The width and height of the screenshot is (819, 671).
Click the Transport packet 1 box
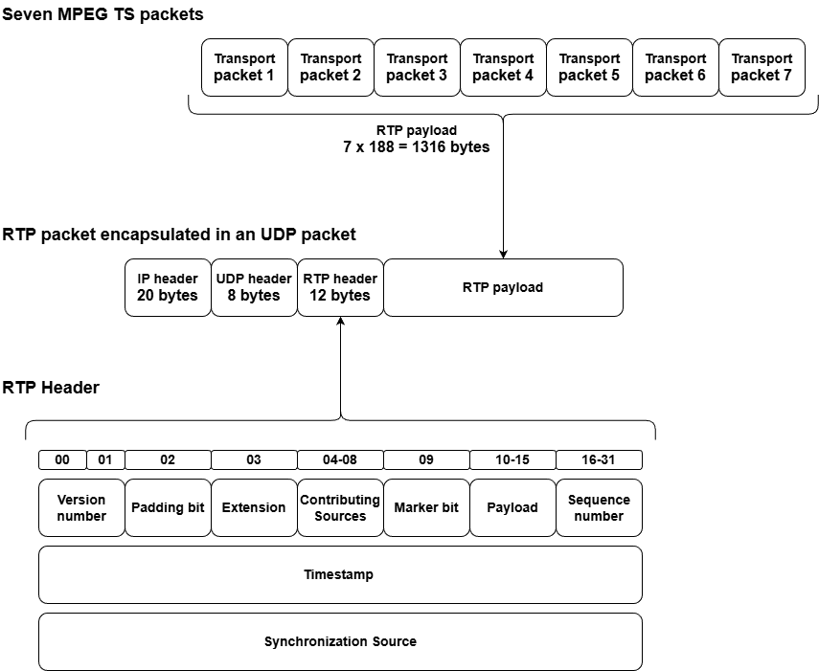(x=244, y=67)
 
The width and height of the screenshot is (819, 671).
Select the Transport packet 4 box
(x=503, y=67)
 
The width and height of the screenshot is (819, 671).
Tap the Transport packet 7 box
(x=762, y=67)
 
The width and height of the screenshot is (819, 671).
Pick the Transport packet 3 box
(x=417, y=67)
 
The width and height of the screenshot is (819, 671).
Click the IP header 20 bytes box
(x=168, y=287)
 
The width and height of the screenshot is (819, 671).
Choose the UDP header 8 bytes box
(x=254, y=287)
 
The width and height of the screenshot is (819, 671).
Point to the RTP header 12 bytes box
(x=340, y=287)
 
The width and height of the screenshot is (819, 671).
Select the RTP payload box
(x=503, y=287)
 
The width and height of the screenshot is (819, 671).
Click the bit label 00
(x=62, y=459)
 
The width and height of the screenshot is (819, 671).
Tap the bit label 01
(x=105, y=459)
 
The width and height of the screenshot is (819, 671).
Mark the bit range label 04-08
(x=340, y=459)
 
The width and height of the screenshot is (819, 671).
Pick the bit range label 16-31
(x=599, y=459)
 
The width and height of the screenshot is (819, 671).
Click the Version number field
(x=81, y=507)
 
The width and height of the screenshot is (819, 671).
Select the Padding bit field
(x=168, y=507)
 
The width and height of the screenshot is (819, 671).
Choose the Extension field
(x=254, y=507)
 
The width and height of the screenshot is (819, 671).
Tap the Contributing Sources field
(x=340, y=507)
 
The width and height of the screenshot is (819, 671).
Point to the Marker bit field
(x=426, y=507)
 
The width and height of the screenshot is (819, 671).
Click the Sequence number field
(x=599, y=507)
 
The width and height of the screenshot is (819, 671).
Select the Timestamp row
(x=340, y=574)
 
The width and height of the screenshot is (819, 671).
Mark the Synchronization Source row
(x=340, y=641)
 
